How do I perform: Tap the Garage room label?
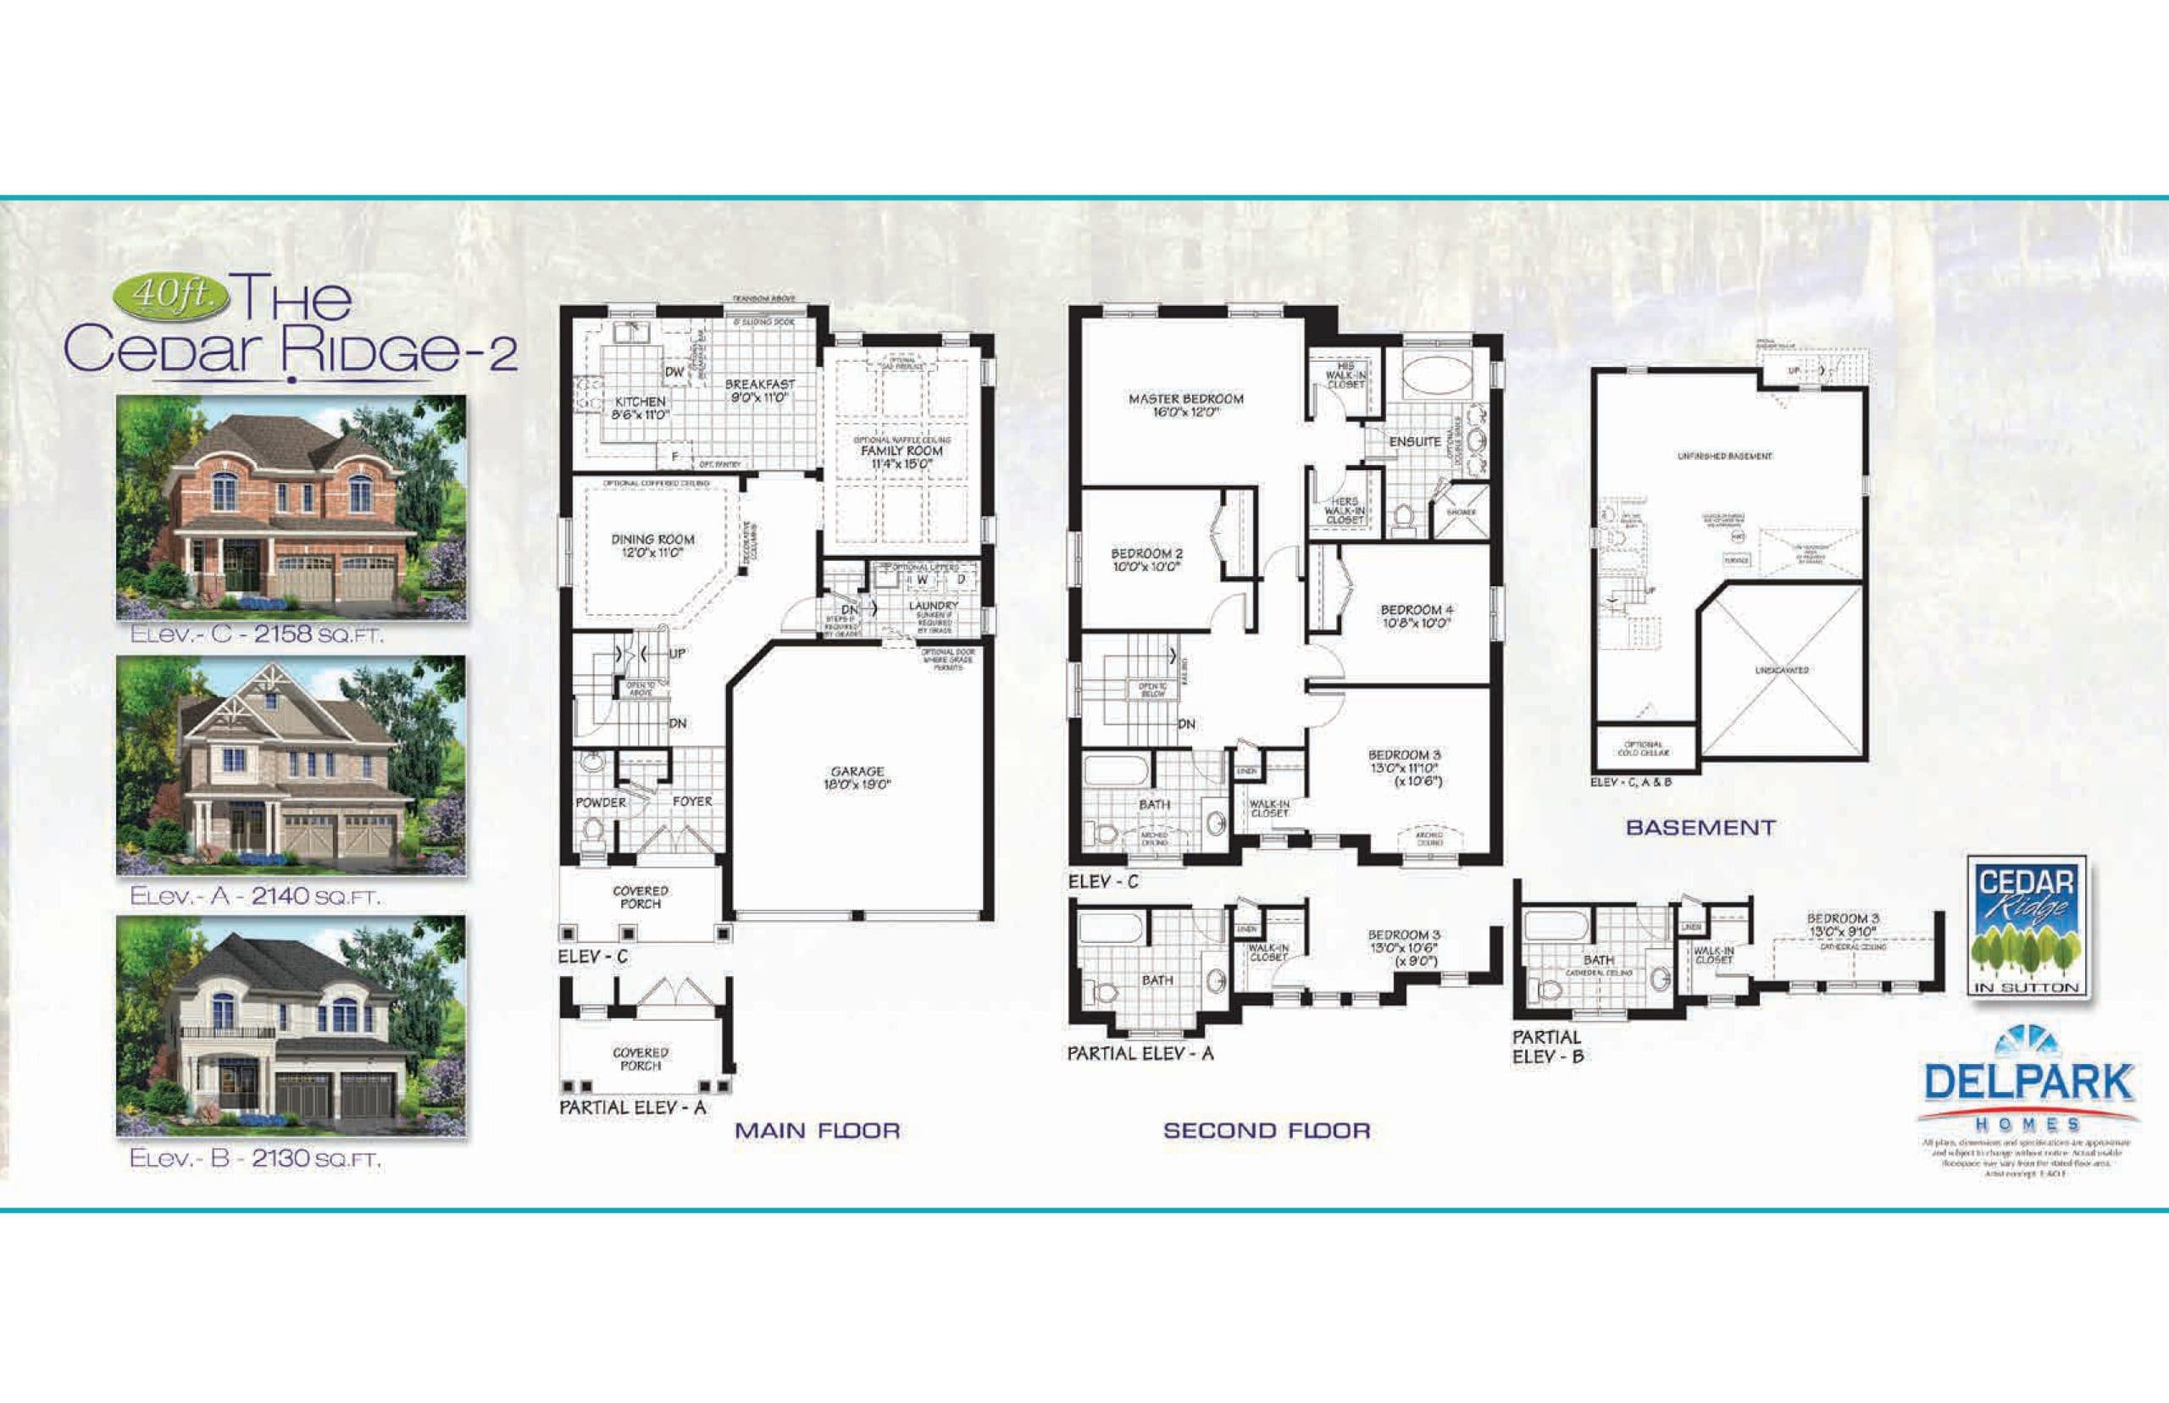point(857,777)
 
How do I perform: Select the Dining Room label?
point(652,545)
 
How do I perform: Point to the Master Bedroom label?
point(1185,404)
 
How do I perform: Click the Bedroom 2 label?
point(1147,559)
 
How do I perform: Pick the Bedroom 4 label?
point(1417,616)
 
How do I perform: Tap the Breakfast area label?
point(760,391)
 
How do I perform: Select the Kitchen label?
point(641,408)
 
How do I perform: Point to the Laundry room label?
point(933,606)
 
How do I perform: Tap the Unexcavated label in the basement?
point(1782,670)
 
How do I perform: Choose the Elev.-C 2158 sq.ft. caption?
point(257,635)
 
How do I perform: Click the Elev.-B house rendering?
point(291,1025)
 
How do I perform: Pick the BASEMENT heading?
point(1700,827)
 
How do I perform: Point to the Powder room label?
point(601,802)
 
